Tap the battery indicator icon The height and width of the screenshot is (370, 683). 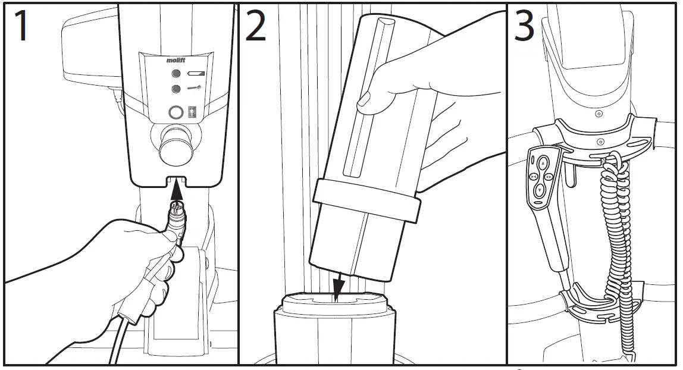point(196,74)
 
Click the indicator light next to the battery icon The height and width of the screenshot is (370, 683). point(176,74)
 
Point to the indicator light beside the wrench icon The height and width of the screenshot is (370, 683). point(176,89)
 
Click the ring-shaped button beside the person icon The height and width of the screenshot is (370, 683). point(176,112)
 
